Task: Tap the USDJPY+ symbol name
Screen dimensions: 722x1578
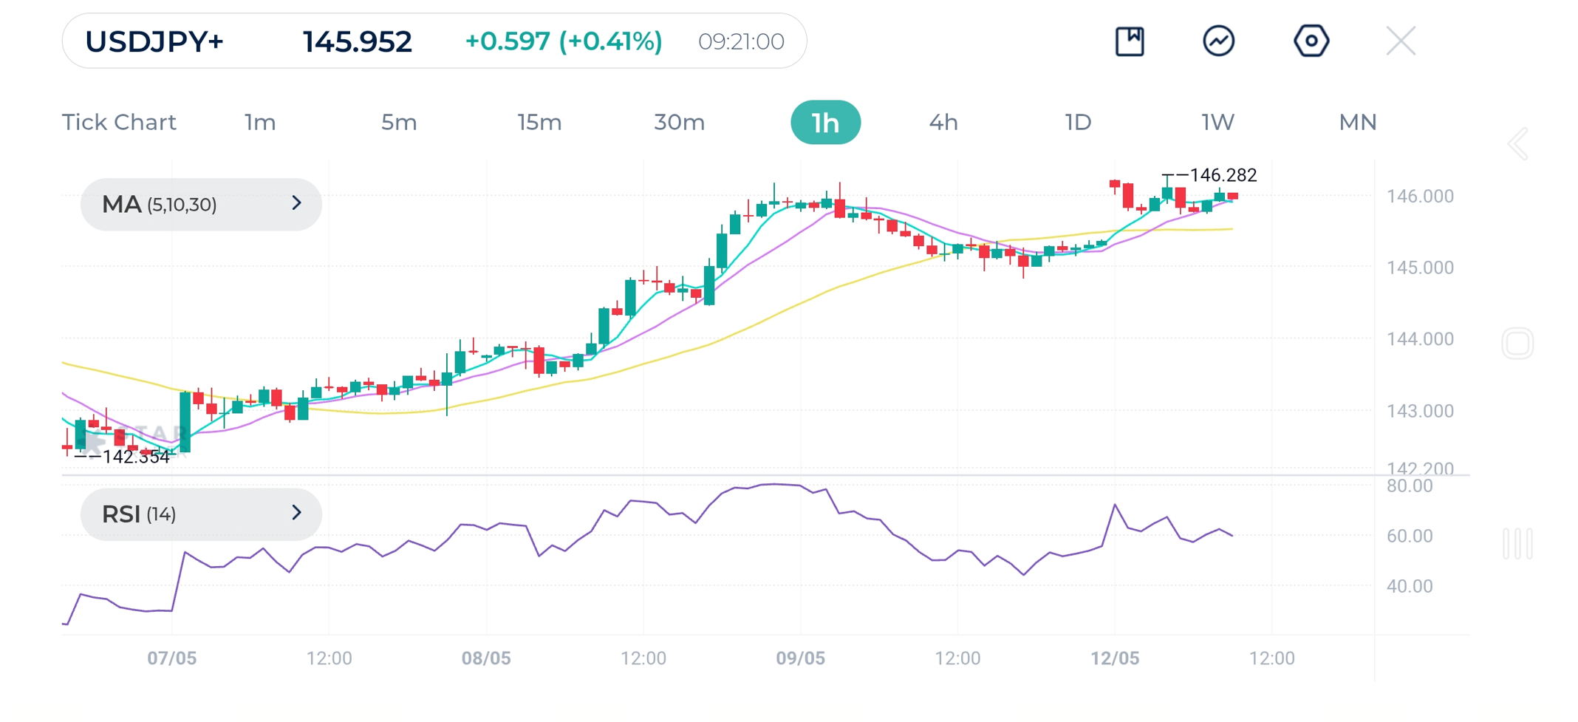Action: click(x=154, y=41)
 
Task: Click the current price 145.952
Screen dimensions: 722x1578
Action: click(x=357, y=41)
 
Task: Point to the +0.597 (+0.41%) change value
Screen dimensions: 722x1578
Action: click(x=563, y=41)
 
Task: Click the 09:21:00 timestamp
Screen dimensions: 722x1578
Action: click(x=741, y=41)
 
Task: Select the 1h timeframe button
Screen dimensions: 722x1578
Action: click(x=825, y=123)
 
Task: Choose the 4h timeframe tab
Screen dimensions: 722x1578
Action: click(x=943, y=123)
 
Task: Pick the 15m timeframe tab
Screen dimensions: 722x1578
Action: click(x=539, y=123)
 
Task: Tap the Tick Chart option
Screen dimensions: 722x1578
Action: click(x=119, y=123)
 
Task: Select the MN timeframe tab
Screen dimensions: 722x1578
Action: click(x=1357, y=123)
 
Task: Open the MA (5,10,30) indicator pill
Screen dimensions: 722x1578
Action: click(x=200, y=204)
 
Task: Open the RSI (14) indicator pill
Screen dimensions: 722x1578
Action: click(x=200, y=514)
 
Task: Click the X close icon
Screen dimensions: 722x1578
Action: click(x=1400, y=41)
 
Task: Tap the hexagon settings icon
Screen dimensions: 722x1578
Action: click(x=1311, y=41)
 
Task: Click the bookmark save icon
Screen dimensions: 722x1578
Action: click(x=1130, y=41)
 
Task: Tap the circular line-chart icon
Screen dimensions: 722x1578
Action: click(x=1218, y=41)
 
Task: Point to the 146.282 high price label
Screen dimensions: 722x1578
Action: click(x=1223, y=175)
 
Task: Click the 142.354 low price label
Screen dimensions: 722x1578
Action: click(x=136, y=457)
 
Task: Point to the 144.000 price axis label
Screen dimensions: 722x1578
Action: click(x=1420, y=339)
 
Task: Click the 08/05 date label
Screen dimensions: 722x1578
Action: click(x=486, y=658)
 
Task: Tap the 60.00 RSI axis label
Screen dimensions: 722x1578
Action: click(x=1410, y=536)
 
